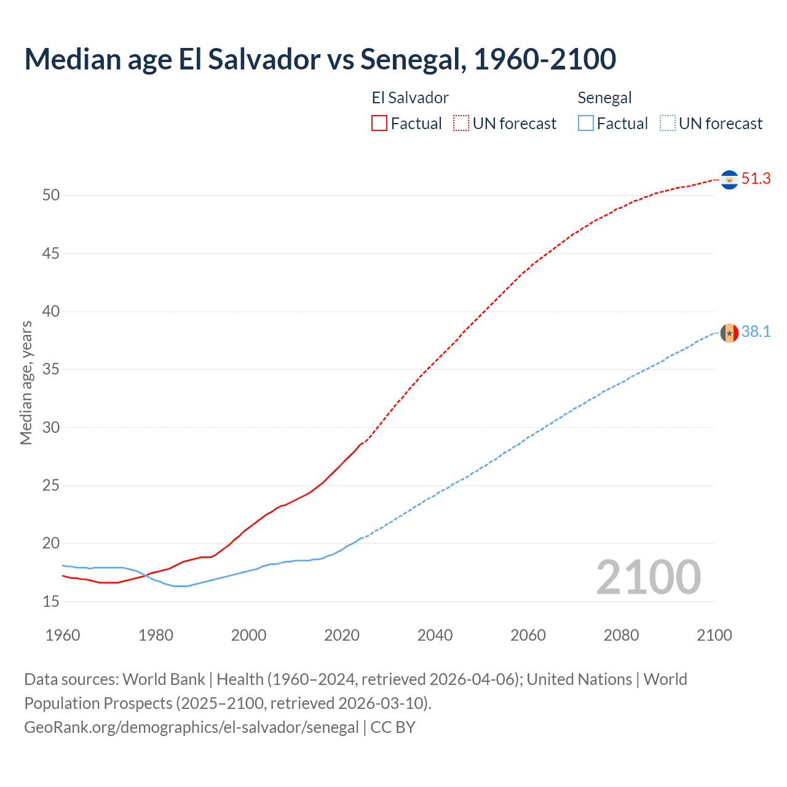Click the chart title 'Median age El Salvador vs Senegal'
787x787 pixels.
click(320, 59)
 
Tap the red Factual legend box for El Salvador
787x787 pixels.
click(379, 124)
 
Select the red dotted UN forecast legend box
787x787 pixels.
click(461, 124)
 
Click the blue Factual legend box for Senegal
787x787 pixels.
click(586, 124)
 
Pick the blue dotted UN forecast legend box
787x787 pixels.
click(668, 124)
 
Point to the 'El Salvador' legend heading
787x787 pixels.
click(410, 98)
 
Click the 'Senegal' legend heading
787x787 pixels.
click(604, 98)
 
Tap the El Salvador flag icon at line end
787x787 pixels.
click(729, 180)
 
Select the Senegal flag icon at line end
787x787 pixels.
click(729, 333)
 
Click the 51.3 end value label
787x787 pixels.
click(756, 179)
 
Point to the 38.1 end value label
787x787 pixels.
click(756, 332)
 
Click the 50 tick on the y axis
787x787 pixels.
click(51, 196)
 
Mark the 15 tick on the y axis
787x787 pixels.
click(51, 601)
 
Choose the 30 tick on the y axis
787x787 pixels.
click(51, 427)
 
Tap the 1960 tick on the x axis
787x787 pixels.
click(63, 635)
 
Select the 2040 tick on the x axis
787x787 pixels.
click(435, 635)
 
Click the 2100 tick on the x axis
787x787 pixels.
click(714, 635)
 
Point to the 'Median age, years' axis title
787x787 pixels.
click(26, 382)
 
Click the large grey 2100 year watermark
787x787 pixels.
click(648, 577)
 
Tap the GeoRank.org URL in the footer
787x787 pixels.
click(191, 727)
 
